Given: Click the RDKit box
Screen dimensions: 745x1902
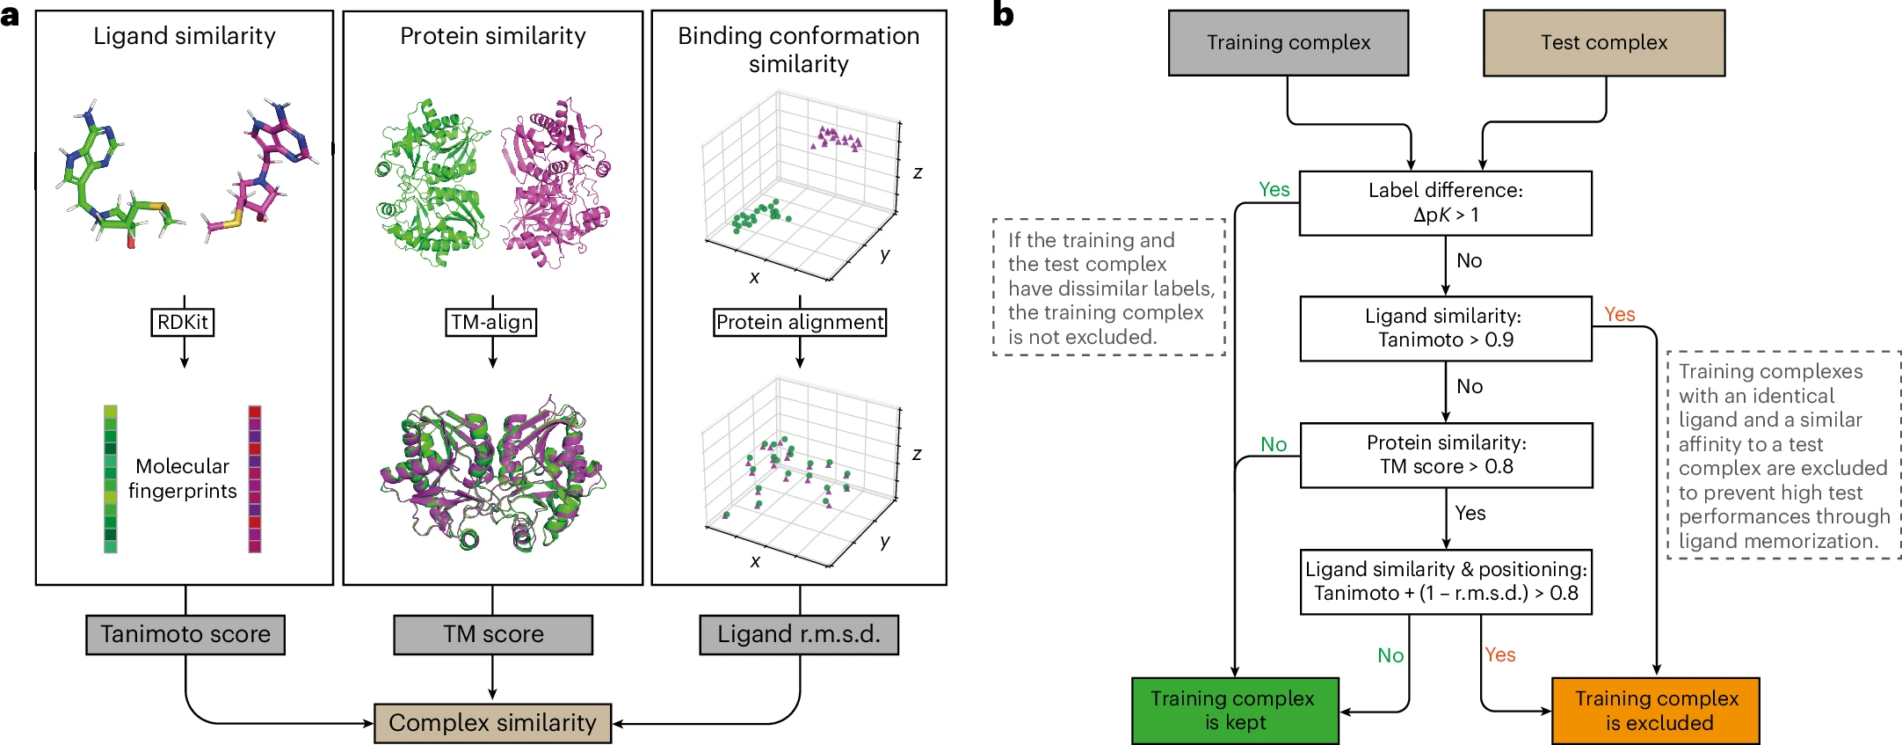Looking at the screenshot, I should click(x=183, y=323).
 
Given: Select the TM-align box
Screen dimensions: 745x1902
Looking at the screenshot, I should click(x=492, y=323).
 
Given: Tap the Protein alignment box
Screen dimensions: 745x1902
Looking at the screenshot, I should click(x=800, y=323).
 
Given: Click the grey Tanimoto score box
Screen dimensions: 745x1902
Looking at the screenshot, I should click(x=185, y=634).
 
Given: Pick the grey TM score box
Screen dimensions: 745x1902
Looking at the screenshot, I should click(x=493, y=634).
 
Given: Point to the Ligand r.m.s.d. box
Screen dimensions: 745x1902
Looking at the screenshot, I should click(x=799, y=634).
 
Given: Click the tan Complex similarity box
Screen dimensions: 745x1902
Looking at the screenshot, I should click(x=492, y=723).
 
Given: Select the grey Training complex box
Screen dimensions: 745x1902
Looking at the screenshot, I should click(x=1289, y=43).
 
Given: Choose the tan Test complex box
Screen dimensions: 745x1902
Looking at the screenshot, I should click(x=1604, y=43).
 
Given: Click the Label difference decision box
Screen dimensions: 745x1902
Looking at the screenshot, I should click(x=1446, y=203).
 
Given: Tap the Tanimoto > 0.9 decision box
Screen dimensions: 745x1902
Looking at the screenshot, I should click(x=1446, y=328).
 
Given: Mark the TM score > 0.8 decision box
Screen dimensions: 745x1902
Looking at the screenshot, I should click(x=1447, y=455).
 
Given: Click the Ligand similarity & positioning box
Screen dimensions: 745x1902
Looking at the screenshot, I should click(x=1446, y=581).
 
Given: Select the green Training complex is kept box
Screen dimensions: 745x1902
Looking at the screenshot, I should click(x=1235, y=711).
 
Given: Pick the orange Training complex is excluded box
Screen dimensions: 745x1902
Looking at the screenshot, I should click(x=1656, y=711).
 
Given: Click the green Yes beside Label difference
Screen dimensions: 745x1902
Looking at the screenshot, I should click(x=1274, y=190).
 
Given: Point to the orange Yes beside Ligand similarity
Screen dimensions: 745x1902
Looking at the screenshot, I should click(x=1619, y=315).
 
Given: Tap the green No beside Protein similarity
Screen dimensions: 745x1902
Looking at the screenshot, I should click(x=1274, y=444).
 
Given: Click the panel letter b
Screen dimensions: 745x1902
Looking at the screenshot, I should click(x=1003, y=15).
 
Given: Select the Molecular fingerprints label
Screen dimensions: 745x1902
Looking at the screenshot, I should click(x=183, y=478).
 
